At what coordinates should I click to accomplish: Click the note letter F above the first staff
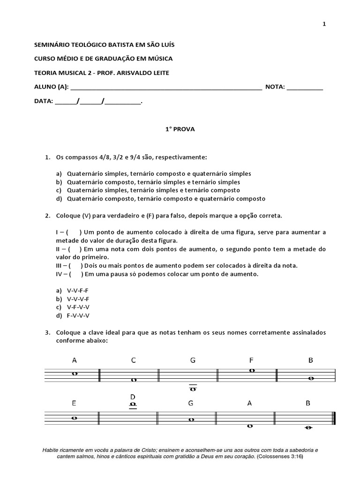[x=252, y=360]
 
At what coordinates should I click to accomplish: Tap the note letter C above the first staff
[x=134, y=360]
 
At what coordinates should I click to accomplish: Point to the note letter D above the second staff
[x=133, y=397]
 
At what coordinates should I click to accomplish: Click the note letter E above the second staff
[x=74, y=403]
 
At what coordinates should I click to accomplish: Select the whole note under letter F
[x=252, y=370]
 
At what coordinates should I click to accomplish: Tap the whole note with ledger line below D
[x=133, y=404]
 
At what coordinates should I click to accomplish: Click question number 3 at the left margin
[x=47, y=332]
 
